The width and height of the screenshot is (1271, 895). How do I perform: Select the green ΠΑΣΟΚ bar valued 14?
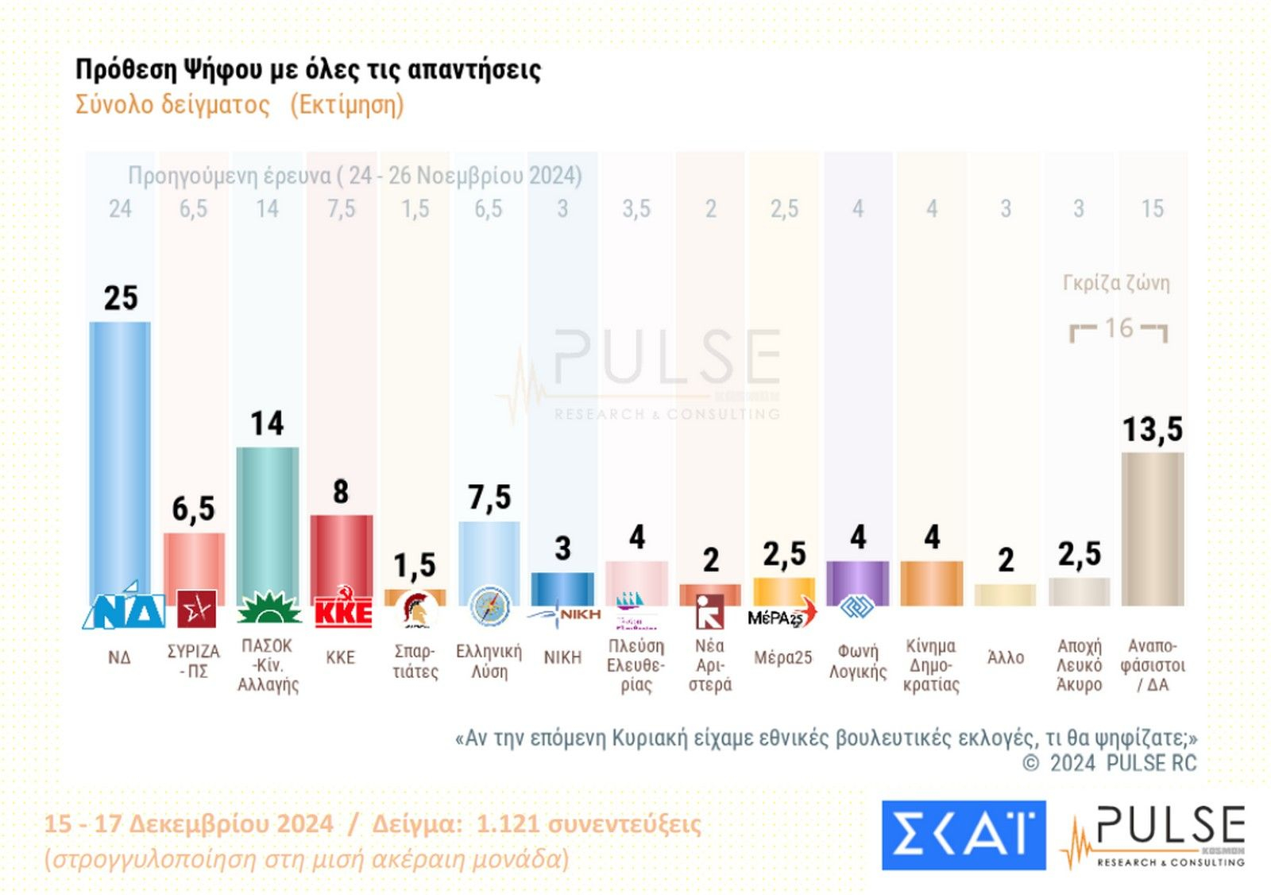pos(268,517)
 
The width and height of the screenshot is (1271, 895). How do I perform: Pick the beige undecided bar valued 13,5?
pos(1152,529)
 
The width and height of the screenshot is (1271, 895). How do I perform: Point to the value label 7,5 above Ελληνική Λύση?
pos(489,498)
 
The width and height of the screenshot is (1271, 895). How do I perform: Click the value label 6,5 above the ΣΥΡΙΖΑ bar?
pos(194,509)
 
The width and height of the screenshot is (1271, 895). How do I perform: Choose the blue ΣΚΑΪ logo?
pos(963,835)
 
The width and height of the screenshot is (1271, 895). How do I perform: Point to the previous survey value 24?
pos(120,209)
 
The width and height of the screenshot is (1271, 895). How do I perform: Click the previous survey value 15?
pos(1152,209)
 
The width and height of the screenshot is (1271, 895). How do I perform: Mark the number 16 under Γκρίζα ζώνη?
pos(1118,328)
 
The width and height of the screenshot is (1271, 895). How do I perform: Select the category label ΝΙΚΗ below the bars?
pos(562,658)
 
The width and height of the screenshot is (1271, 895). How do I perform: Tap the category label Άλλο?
pos(1006,658)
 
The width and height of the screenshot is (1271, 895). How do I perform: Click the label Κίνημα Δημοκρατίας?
pos(931,665)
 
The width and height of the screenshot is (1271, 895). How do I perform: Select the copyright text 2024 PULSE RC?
pos(1122,764)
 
